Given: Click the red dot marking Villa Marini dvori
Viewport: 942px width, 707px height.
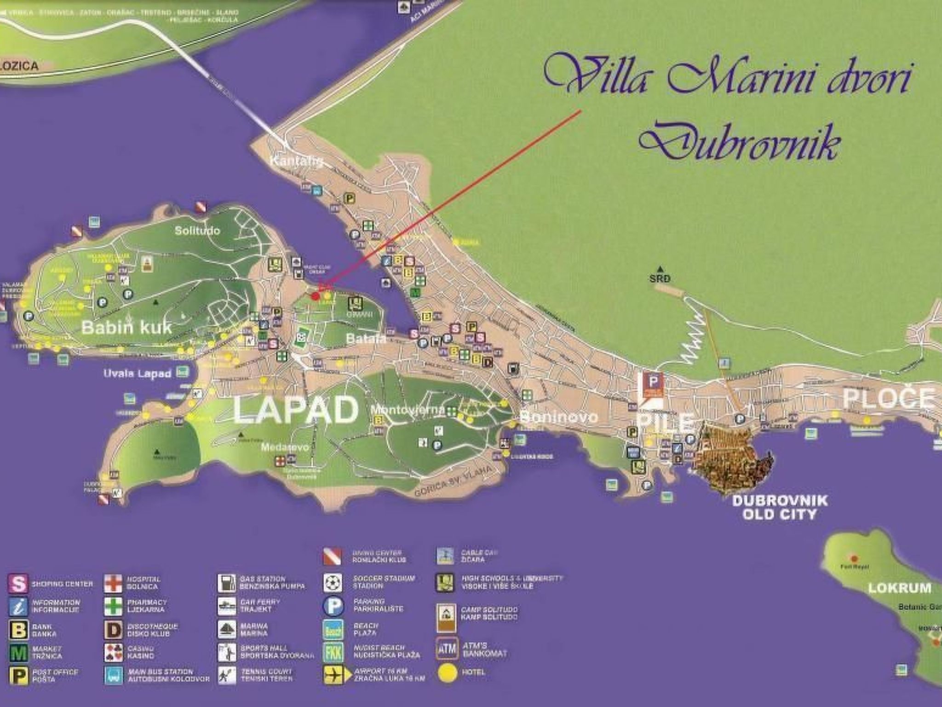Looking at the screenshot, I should pyautogui.click(x=315, y=296).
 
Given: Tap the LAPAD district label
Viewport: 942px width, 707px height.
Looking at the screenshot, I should pyautogui.click(x=296, y=410).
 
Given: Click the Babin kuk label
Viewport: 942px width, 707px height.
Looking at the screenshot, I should pyautogui.click(x=126, y=327).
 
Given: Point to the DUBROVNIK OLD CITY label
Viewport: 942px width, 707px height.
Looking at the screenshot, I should pyautogui.click(x=780, y=507).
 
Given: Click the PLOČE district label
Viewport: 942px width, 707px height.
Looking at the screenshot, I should pyautogui.click(x=889, y=398).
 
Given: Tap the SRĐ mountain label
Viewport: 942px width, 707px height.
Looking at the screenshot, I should pyautogui.click(x=660, y=278).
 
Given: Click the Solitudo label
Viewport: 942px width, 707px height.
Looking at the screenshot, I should pyautogui.click(x=197, y=231).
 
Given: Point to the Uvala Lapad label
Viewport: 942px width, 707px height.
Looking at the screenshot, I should pyautogui.click(x=138, y=373).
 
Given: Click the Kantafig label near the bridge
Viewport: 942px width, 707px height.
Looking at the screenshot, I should pyautogui.click(x=296, y=162).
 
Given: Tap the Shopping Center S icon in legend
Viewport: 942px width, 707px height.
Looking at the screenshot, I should pyautogui.click(x=18, y=584).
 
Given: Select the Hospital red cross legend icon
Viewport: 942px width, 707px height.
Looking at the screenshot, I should pyautogui.click(x=113, y=583).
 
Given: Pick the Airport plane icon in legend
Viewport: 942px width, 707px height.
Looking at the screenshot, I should pyautogui.click(x=333, y=675).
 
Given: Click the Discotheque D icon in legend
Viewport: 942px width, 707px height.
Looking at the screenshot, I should pyautogui.click(x=113, y=630).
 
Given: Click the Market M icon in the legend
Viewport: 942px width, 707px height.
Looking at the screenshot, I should pyautogui.click(x=18, y=653).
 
